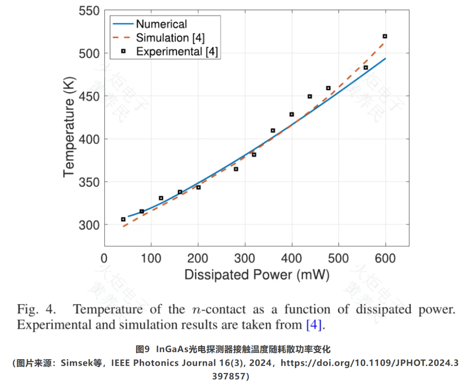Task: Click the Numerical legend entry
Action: click(150, 24)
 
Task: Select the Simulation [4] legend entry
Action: click(159, 38)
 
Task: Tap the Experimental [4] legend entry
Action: click(169, 52)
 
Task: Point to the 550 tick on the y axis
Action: click(89, 11)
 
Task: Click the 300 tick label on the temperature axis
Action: click(89, 225)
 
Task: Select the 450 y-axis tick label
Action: click(89, 97)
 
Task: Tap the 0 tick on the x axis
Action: click(104, 259)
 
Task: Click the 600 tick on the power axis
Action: click(385, 259)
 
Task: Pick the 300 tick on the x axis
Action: click(245, 259)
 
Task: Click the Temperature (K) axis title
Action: click(69, 127)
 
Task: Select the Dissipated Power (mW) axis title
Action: click(257, 275)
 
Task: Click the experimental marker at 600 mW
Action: click(385, 37)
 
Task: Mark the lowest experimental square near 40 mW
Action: click(123, 219)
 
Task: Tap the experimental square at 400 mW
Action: click(292, 114)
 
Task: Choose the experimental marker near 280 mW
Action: click(236, 169)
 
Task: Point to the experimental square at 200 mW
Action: click(199, 187)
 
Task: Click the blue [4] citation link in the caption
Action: click(314, 325)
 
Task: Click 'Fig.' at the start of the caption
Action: click(27, 309)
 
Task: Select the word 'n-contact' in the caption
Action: click(219, 309)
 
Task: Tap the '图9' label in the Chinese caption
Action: click(143, 349)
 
